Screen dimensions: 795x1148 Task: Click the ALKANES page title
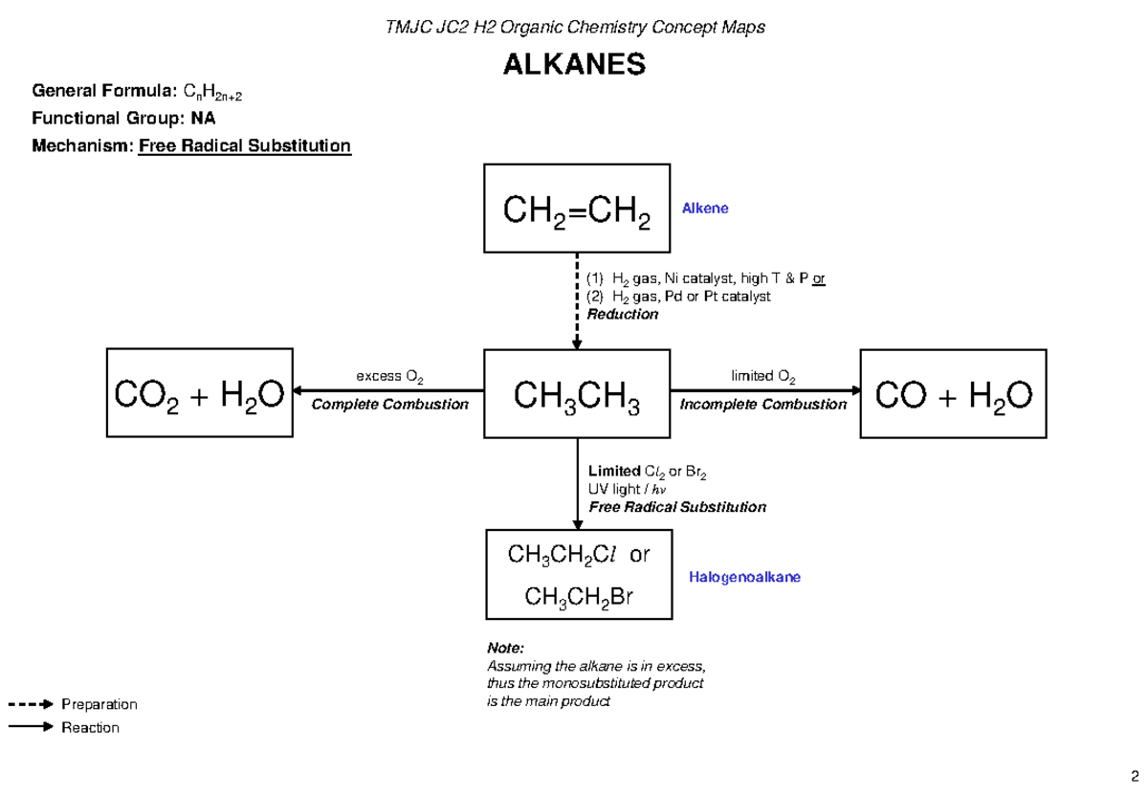point(574,65)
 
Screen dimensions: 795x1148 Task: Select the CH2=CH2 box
point(577,208)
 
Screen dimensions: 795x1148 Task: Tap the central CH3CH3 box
point(577,393)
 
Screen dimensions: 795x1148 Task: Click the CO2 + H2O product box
point(199,393)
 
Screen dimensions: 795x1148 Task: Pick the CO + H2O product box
point(951,393)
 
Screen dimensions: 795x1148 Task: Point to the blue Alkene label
point(705,208)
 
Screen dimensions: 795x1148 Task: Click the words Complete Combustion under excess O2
point(390,405)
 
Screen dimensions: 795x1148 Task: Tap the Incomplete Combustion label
point(762,405)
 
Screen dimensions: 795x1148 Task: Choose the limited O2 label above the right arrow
point(762,376)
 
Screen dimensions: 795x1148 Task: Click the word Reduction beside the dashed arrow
point(622,314)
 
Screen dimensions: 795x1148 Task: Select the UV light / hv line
point(626,489)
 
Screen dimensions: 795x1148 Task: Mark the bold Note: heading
point(506,648)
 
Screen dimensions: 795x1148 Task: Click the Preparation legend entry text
point(99,704)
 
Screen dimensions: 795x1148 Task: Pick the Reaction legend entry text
point(91,727)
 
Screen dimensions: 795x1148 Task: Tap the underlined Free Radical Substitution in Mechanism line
point(245,146)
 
